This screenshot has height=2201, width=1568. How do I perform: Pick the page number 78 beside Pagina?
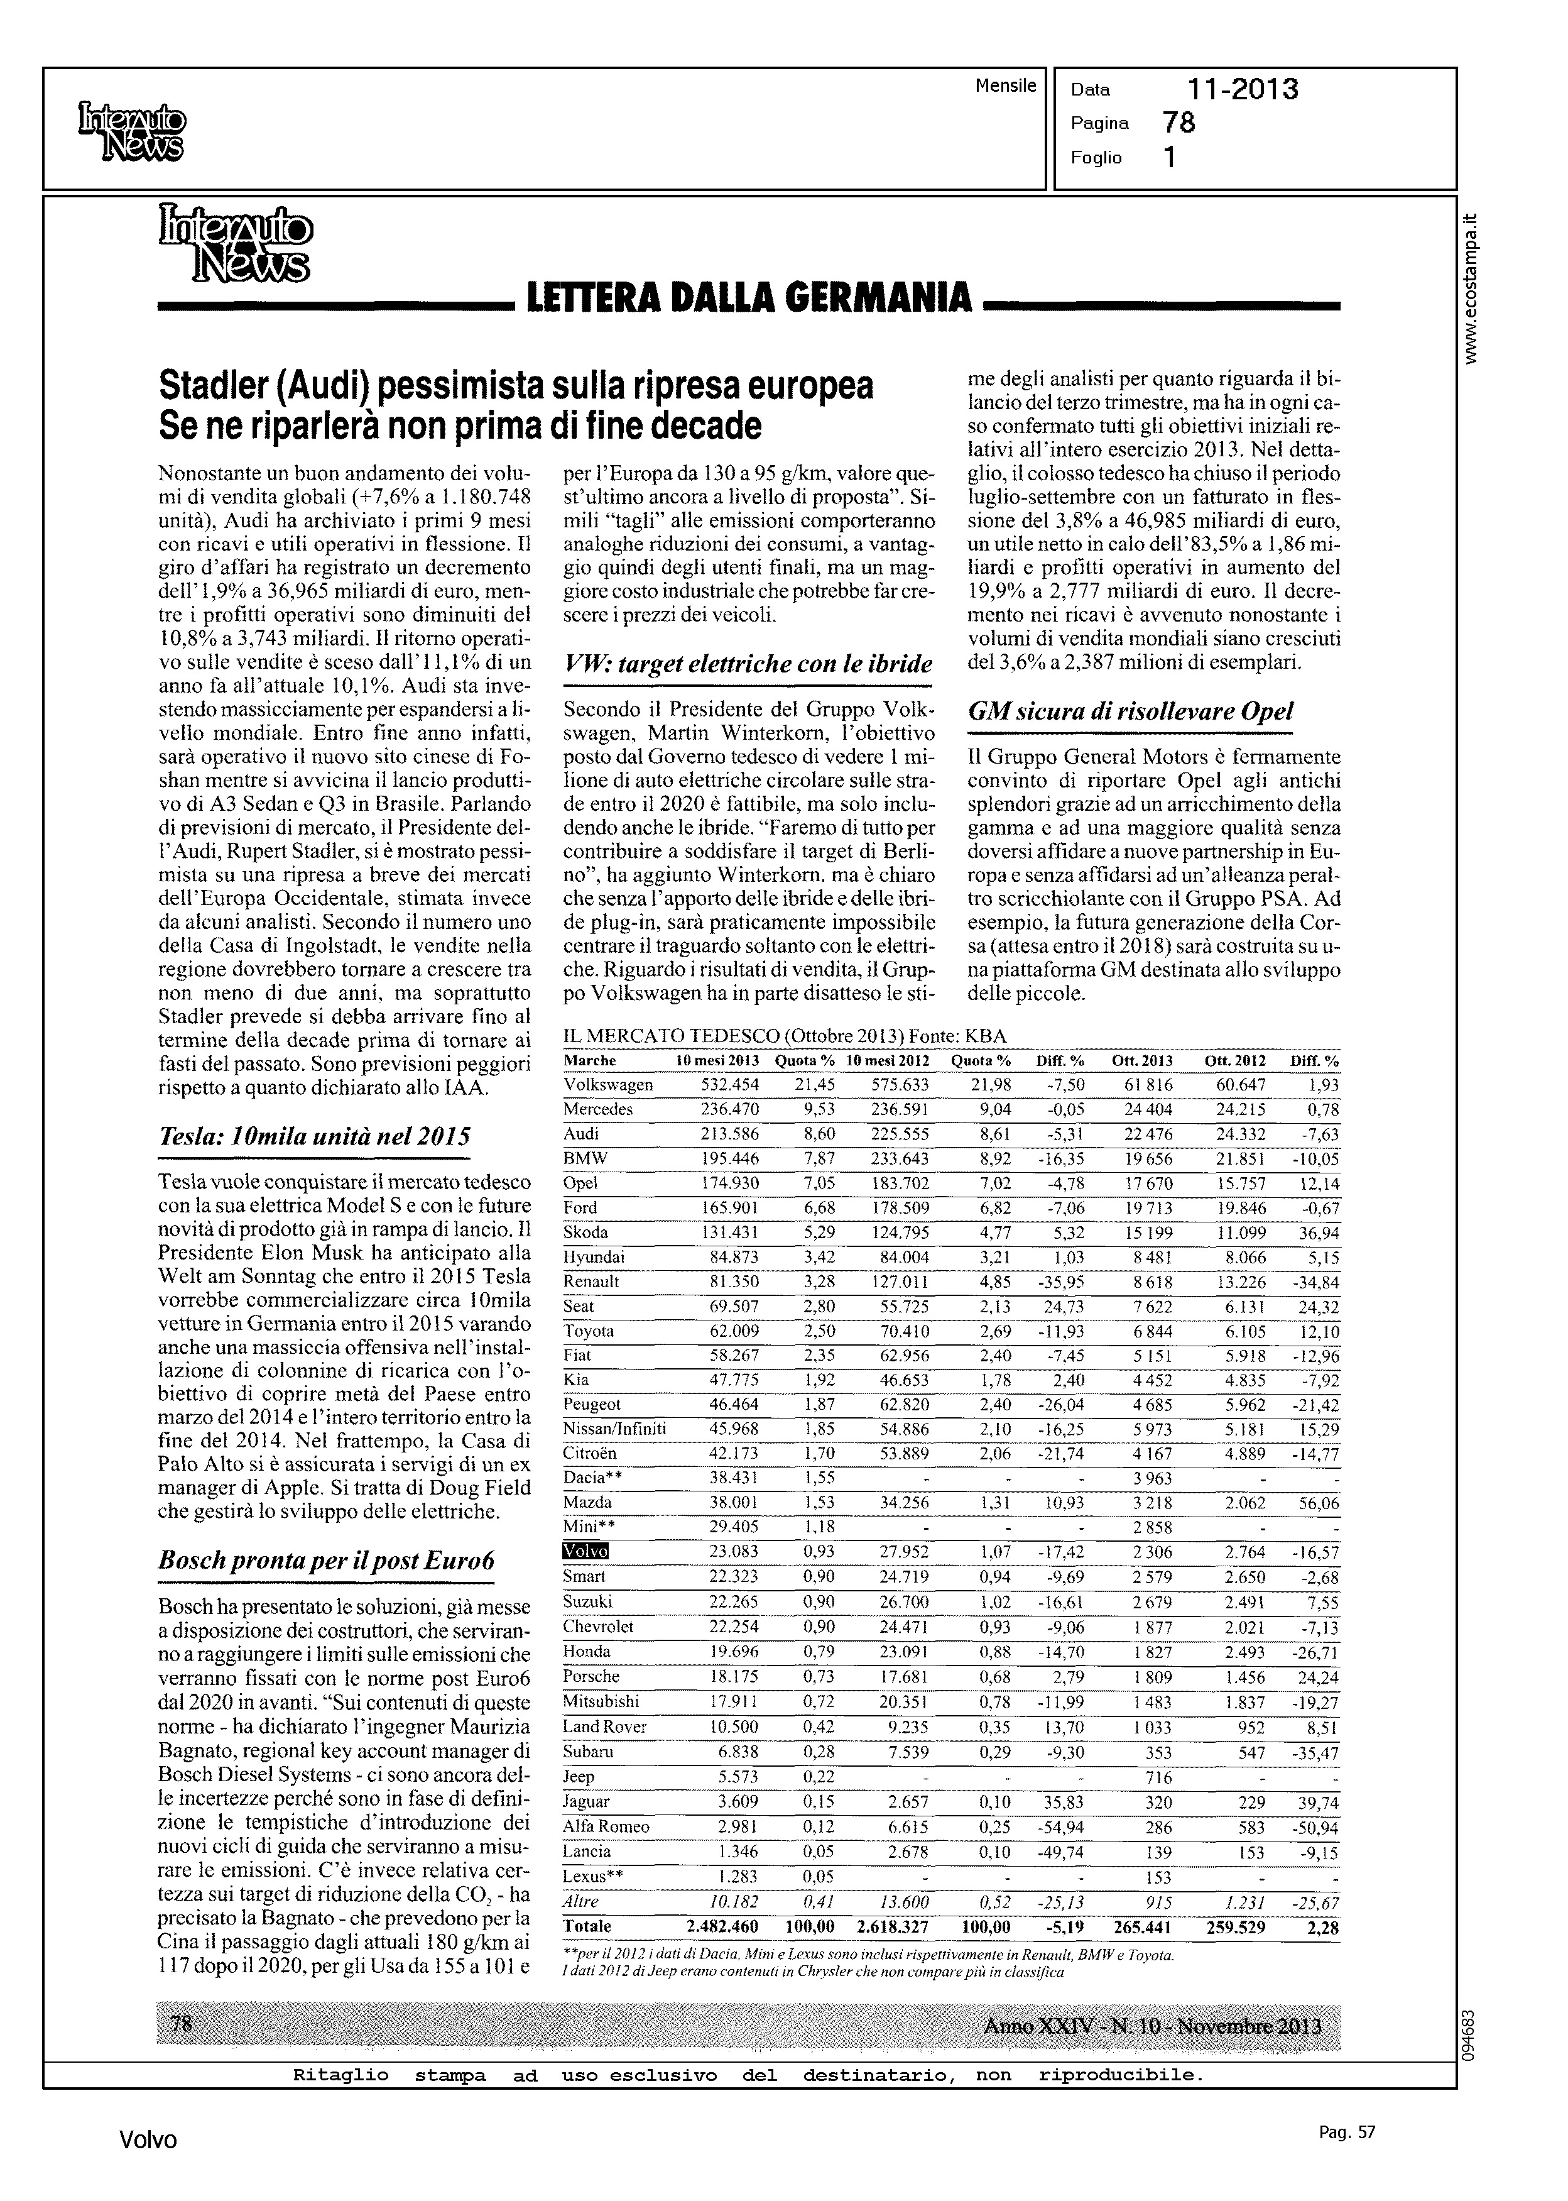click(x=1179, y=123)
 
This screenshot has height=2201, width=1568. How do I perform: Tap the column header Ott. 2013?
click(x=1141, y=1060)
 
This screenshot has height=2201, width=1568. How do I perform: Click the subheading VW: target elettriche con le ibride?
click(x=748, y=664)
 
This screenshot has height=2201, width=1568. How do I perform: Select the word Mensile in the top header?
click(x=1005, y=86)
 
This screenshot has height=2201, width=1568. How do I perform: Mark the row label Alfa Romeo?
click(x=606, y=1826)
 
